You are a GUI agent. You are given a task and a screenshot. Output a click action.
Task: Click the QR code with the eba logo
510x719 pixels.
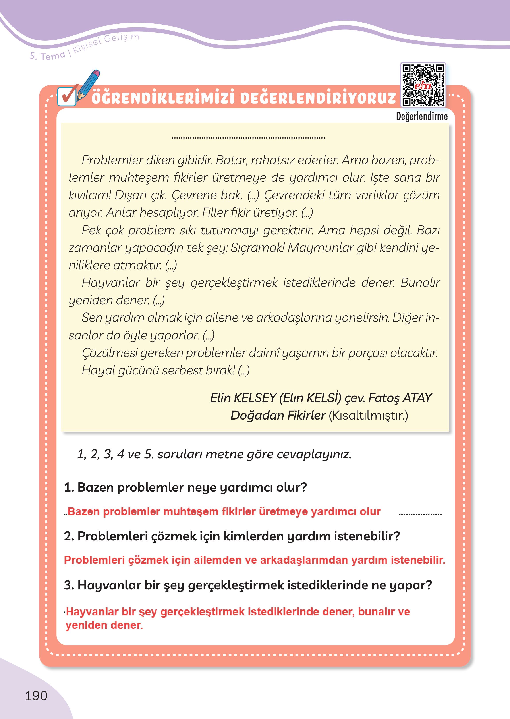(x=423, y=85)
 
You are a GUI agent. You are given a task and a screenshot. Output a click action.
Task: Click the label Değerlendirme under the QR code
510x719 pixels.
(x=421, y=116)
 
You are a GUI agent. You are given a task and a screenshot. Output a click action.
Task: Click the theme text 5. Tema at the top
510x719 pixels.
(x=47, y=56)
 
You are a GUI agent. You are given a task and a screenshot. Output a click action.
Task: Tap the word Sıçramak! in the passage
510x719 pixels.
(x=257, y=248)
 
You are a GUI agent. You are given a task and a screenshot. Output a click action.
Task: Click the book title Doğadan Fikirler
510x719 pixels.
(x=278, y=415)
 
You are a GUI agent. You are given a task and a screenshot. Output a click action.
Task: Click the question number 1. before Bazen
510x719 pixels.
(x=69, y=487)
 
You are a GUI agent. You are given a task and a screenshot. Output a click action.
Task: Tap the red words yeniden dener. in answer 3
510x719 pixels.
(x=104, y=625)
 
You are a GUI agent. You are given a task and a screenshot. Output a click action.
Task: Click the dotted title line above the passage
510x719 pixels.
(x=248, y=137)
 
